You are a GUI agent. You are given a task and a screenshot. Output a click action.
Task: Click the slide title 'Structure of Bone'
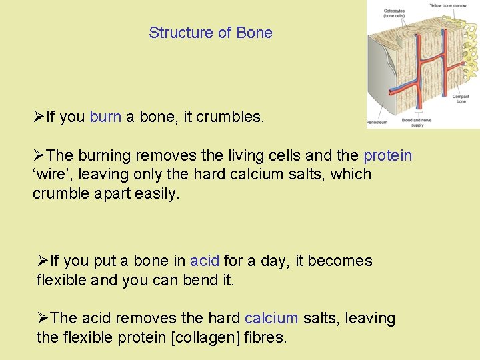tap(210, 33)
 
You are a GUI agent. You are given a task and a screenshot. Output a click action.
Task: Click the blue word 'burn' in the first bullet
tap(105, 117)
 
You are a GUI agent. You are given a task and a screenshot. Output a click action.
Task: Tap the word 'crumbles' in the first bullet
tap(231, 117)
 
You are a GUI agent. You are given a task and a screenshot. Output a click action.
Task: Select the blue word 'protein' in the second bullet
tap(387, 155)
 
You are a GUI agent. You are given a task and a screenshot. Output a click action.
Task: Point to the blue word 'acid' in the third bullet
tap(205, 261)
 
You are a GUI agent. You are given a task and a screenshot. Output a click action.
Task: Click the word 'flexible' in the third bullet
tap(61, 280)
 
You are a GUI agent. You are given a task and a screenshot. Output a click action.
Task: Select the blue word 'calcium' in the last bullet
tap(271, 319)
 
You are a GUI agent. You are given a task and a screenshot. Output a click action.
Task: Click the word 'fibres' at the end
tap(266, 338)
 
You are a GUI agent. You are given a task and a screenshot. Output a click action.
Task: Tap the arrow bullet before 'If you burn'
tap(39, 117)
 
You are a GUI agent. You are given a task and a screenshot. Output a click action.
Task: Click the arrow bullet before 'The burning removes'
tap(39, 155)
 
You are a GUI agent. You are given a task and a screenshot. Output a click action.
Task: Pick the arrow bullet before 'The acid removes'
tap(43, 319)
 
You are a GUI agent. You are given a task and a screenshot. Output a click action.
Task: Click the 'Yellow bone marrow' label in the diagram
tap(447, 5)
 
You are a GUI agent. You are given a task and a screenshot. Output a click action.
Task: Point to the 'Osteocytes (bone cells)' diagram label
tap(393, 13)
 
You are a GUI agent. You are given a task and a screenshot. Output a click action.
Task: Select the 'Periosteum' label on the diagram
tap(377, 123)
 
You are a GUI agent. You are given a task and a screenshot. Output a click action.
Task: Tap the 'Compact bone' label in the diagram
tap(461, 99)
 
